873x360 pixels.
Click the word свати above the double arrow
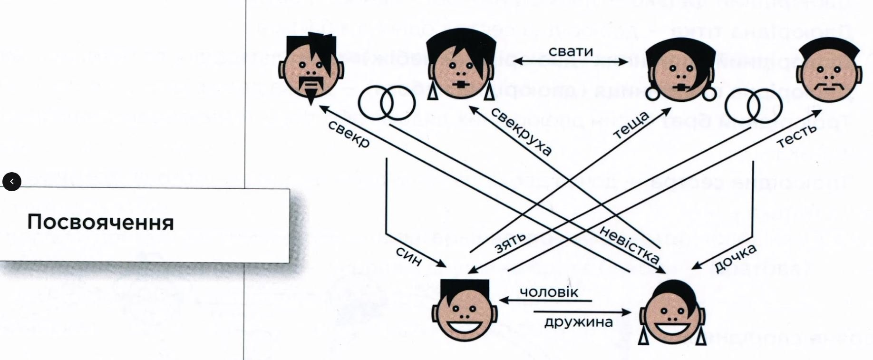(571, 51)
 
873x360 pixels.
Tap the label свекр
(349, 134)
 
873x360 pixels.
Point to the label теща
(631, 125)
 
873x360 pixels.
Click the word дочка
(735, 258)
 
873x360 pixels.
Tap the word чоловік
(549, 292)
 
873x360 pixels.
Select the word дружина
(578, 322)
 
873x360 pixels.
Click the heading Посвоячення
(100, 223)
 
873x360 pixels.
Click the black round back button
(12, 181)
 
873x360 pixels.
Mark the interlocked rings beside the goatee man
(387, 103)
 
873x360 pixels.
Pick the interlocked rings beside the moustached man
(754, 105)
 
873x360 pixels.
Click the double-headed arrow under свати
(571, 61)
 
